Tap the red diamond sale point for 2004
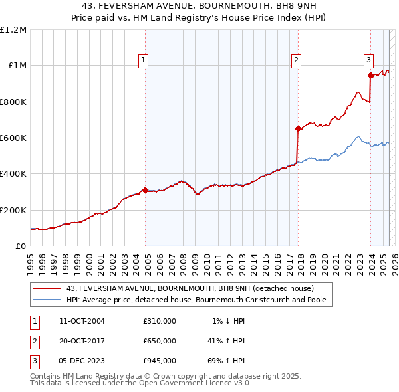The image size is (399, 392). pyautogui.click(x=145, y=191)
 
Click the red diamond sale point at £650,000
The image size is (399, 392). pyautogui.click(x=298, y=129)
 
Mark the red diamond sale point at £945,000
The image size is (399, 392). pyautogui.click(x=370, y=76)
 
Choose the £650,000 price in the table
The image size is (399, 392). pyautogui.click(x=160, y=341)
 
